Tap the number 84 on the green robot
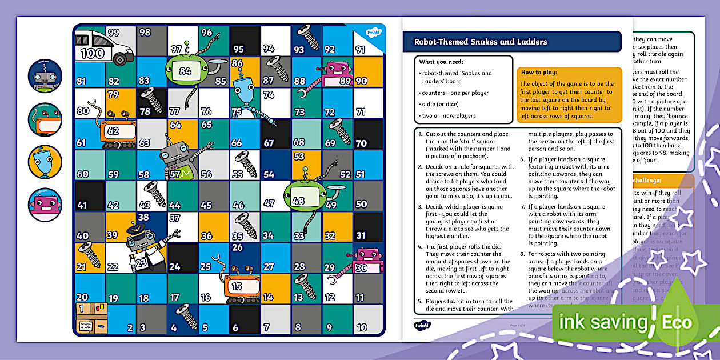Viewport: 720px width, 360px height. pyautogui.click(x=185, y=71)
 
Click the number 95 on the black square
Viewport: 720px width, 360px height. pyautogui.click(x=238, y=50)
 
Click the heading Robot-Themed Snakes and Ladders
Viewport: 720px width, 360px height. pyautogui.click(x=481, y=42)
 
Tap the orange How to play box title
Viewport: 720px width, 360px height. pyautogui.click(x=539, y=73)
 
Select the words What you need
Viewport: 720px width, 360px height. pyautogui.click(x=441, y=62)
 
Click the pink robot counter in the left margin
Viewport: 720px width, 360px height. pyautogui.click(x=45, y=205)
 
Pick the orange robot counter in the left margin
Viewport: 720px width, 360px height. pyautogui.click(x=45, y=119)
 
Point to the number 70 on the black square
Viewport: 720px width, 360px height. pyautogui.click(x=361, y=143)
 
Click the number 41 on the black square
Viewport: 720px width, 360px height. pyautogui.click(x=82, y=205)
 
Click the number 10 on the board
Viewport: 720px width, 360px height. pyautogui.click(x=362, y=327)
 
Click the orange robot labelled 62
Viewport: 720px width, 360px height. pyautogui.click(x=117, y=133)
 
